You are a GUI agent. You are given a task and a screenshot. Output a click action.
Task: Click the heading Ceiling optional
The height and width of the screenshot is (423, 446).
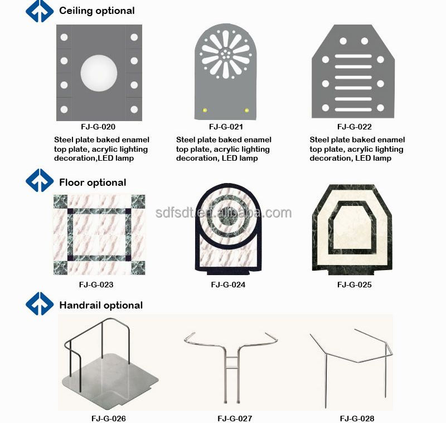pos(96,11)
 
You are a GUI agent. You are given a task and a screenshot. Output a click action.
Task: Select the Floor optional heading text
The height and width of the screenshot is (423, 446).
pos(93,182)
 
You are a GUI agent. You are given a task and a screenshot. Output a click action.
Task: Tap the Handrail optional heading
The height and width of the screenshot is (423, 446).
pos(101,305)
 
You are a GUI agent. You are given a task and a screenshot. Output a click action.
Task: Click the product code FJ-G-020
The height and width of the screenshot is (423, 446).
pos(98,127)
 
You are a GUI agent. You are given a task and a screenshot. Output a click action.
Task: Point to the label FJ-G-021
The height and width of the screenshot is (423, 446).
pos(226,127)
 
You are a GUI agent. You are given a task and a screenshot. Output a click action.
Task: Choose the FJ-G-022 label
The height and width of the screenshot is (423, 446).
pos(355,127)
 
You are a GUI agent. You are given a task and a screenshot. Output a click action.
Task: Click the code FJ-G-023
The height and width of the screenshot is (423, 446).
pos(96,285)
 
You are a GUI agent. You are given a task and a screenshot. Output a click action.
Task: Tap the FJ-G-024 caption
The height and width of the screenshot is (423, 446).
pos(228,285)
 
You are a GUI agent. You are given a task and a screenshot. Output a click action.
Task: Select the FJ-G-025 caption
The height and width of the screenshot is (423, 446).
pos(355,285)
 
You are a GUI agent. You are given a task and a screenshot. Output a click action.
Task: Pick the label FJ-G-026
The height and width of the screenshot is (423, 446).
pos(109,419)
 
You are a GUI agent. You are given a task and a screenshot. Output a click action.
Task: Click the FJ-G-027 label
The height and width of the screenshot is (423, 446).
pos(235,419)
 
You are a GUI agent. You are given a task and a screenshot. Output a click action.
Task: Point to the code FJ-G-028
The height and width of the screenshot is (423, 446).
pos(357,419)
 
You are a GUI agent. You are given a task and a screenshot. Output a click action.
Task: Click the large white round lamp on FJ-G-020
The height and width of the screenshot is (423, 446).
pos(99,73)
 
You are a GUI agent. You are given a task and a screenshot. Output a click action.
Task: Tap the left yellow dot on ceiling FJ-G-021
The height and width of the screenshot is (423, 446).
pos(205,110)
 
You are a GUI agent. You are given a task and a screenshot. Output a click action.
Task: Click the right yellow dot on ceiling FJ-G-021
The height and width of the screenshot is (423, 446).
pos(246,110)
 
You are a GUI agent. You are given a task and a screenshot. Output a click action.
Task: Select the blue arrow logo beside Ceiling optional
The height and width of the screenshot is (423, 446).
pos(40,11)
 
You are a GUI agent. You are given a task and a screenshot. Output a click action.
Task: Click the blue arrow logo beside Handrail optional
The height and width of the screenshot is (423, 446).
pos(40,304)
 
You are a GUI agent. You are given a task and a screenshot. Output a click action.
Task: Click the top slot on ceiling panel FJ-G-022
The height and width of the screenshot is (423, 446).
pos(353,56)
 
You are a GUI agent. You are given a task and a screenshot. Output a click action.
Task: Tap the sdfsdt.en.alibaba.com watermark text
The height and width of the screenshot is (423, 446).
pos(224,213)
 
